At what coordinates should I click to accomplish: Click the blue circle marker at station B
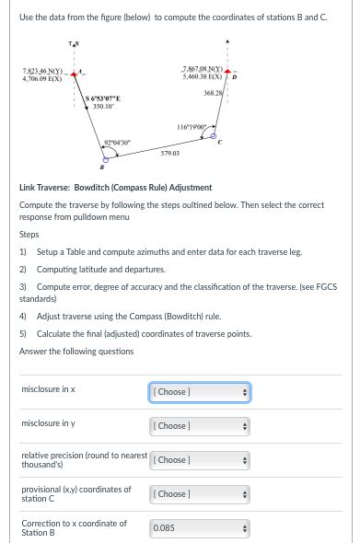[106, 157]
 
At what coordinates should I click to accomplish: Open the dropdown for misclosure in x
[199, 392]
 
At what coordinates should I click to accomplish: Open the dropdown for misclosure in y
[199, 426]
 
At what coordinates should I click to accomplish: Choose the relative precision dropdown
[199, 459]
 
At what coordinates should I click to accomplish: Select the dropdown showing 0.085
[199, 527]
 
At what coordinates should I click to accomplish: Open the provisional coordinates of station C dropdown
[199, 493]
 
